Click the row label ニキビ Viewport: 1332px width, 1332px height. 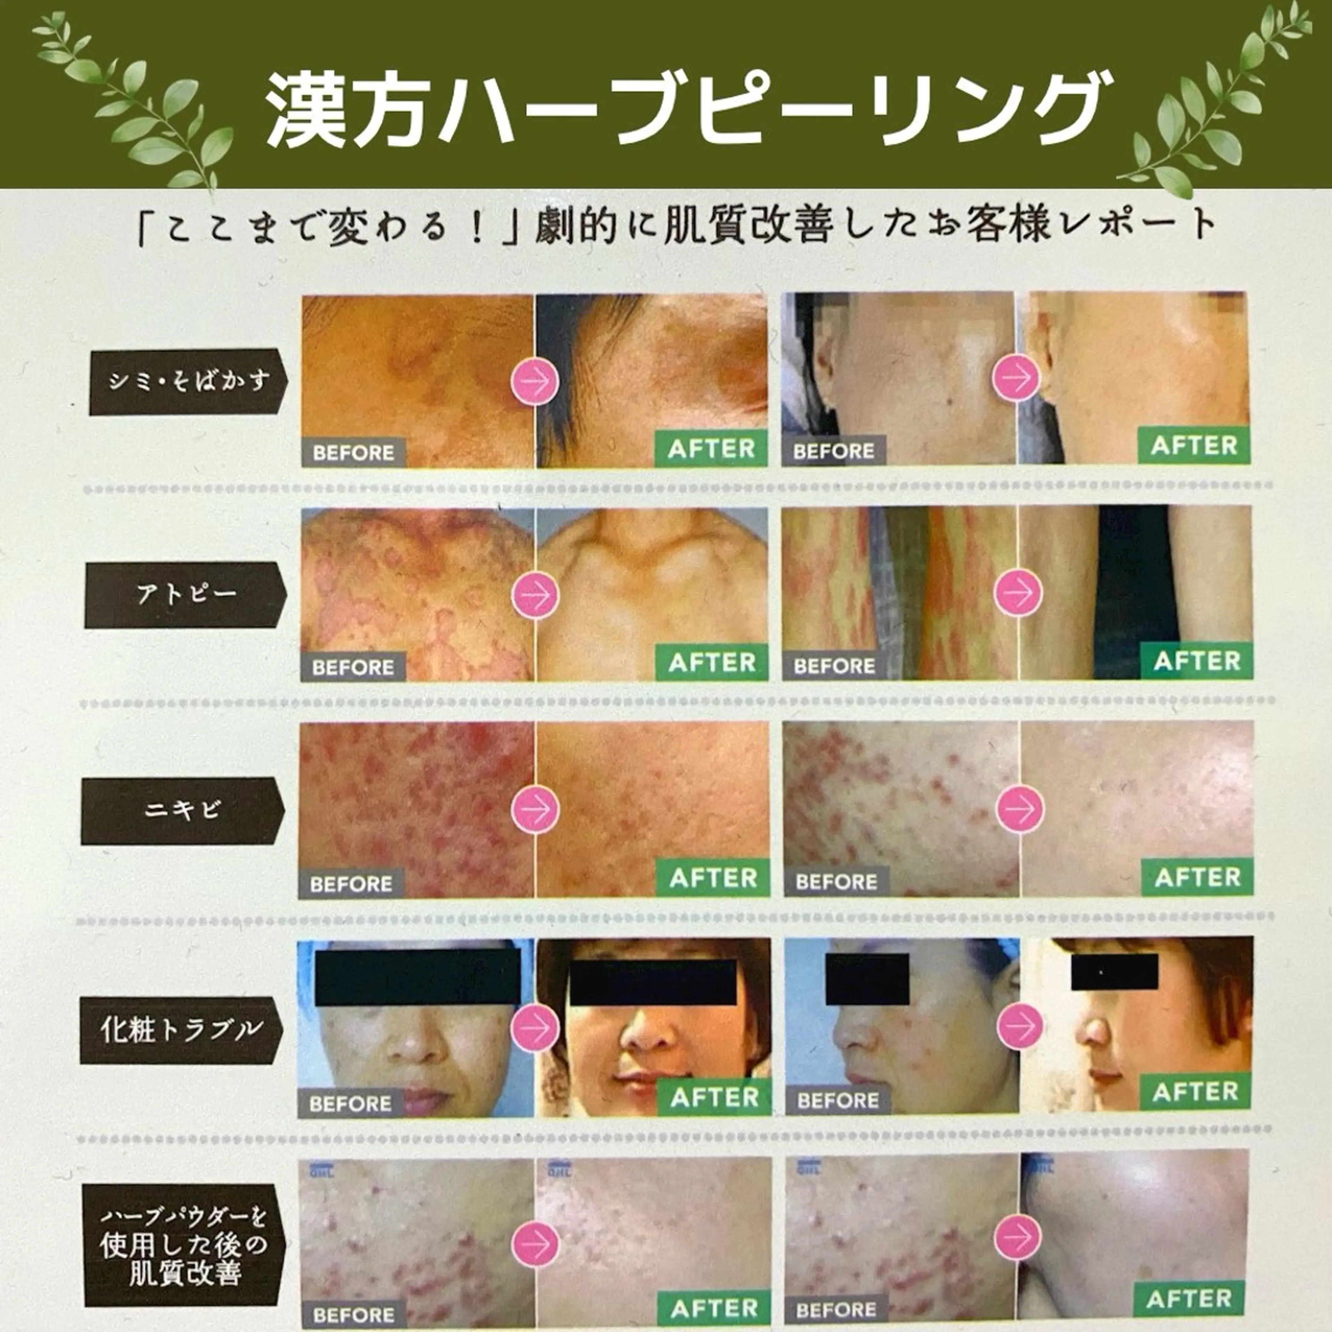coord(183,810)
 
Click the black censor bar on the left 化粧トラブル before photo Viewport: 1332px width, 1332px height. coord(417,976)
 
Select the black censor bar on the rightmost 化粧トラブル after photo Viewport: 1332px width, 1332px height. coord(1114,972)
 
